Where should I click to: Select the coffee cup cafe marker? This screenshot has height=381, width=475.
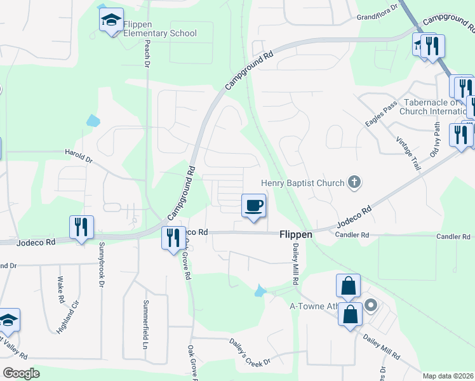pyautogui.click(x=253, y=206)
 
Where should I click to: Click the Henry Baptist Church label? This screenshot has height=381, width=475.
pyautogui.click(x=302, y=184)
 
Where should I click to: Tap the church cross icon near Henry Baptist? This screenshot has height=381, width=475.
pyautogui.click(x=355, y=184)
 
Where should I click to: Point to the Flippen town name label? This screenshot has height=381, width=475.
pyautogui.click(x=296, y=234)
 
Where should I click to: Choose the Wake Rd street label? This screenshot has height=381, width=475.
pyautogui.click(x=61, y=289)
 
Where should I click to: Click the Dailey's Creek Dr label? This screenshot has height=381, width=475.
pyautogui.click(x=250, y=351)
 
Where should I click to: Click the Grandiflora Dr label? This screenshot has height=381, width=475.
pyautogui.click(x=377, y=12)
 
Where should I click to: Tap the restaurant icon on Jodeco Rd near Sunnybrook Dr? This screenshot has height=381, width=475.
pyautogui.click(x=81, y=227)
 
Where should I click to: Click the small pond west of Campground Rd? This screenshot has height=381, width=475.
pyautogui.click(x=93, y=120)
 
